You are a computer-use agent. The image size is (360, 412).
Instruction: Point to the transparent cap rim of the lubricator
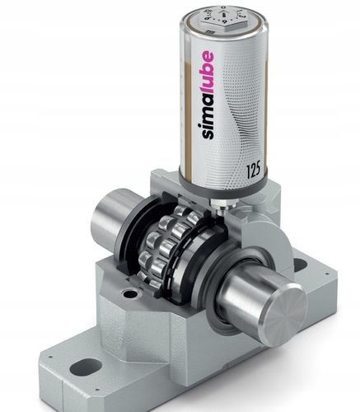coord(223,33)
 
